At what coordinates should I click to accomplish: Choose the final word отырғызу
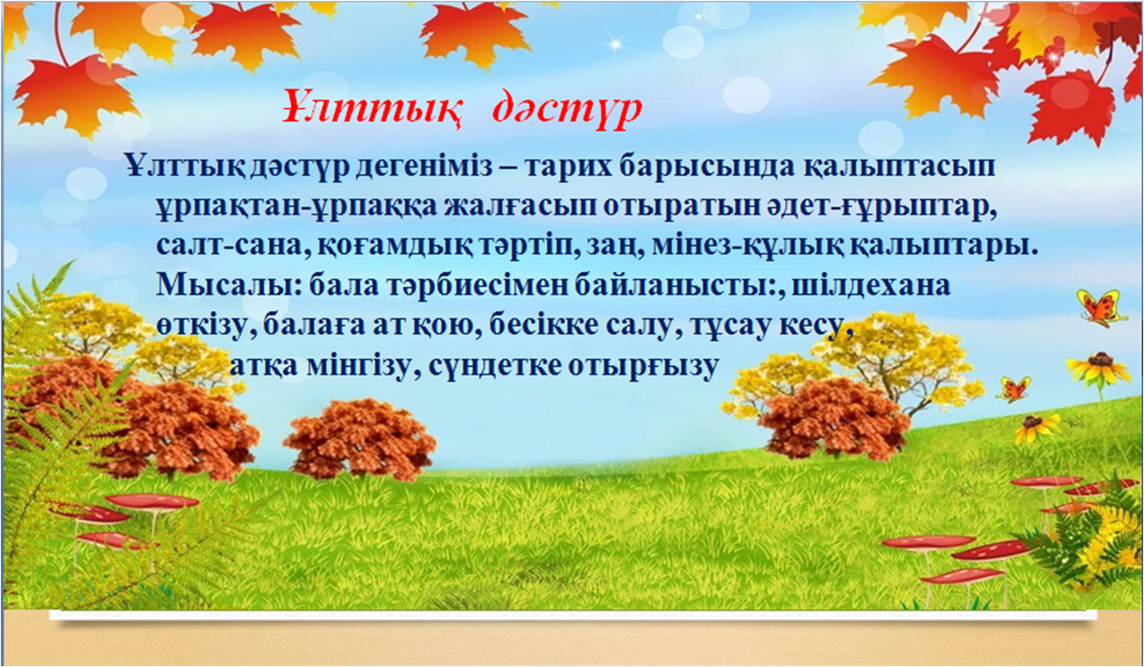644,367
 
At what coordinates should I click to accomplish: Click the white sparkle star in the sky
616,44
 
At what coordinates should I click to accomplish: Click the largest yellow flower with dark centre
1098,368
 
